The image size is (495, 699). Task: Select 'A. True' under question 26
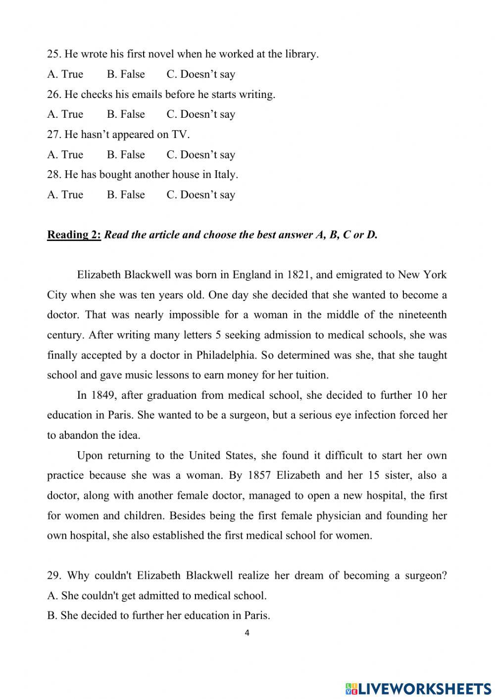point(65,114)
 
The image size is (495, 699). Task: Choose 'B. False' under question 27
point(126,155)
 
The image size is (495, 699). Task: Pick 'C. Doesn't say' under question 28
point(200,195)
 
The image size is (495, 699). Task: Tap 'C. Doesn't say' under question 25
point(200,74)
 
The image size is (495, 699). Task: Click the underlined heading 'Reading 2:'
point(74,235)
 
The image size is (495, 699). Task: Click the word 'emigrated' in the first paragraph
point(355,275)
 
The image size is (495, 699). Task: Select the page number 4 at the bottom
point(247,632)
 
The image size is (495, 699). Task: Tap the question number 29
point(53,576)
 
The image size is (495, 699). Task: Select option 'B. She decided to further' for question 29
point(158,616)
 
